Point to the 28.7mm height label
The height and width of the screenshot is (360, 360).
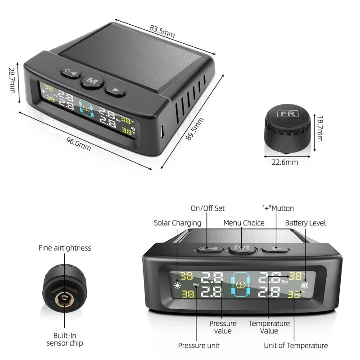[12, 81]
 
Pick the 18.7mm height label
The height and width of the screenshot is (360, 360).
[319, 127]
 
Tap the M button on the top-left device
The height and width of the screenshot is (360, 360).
[92, 81]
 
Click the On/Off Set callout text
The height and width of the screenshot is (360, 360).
[207, 208]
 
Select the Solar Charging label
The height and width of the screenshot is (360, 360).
[177, 223]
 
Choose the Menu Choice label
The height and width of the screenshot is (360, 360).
[244, 223]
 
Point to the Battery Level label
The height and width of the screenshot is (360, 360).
[306, 223]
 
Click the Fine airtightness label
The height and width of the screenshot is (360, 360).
[65, 248]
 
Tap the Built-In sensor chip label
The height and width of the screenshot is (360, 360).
[65, 339]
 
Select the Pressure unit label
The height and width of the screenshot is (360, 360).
[199, 346]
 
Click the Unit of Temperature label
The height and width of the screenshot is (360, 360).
[296, 346]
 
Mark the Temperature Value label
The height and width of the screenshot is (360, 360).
[269, 327]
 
